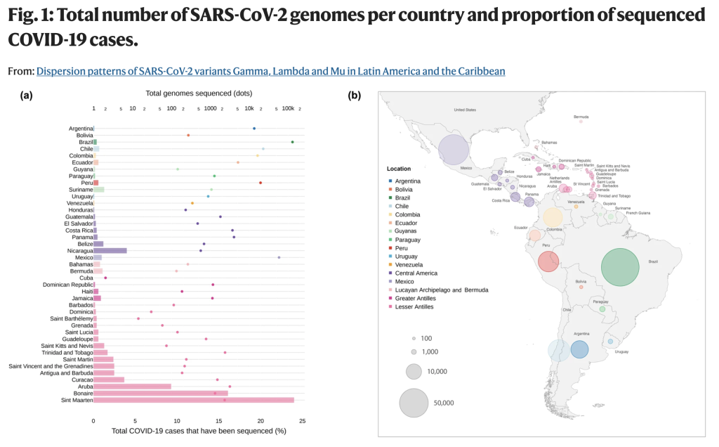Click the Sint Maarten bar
click(193, 400)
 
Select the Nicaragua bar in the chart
click(110, 250)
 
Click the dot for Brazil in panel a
click(292, 142)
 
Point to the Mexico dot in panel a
click(279, 257)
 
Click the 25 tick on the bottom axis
click(302, 421)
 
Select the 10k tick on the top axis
click(249, 109)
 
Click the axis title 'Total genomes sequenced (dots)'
click(199, 93)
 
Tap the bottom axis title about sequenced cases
click(199, 430)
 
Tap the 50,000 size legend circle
click(414, 403)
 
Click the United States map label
click(465, 110)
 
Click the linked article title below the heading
click(270, 71)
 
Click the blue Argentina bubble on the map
click(579, 349)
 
